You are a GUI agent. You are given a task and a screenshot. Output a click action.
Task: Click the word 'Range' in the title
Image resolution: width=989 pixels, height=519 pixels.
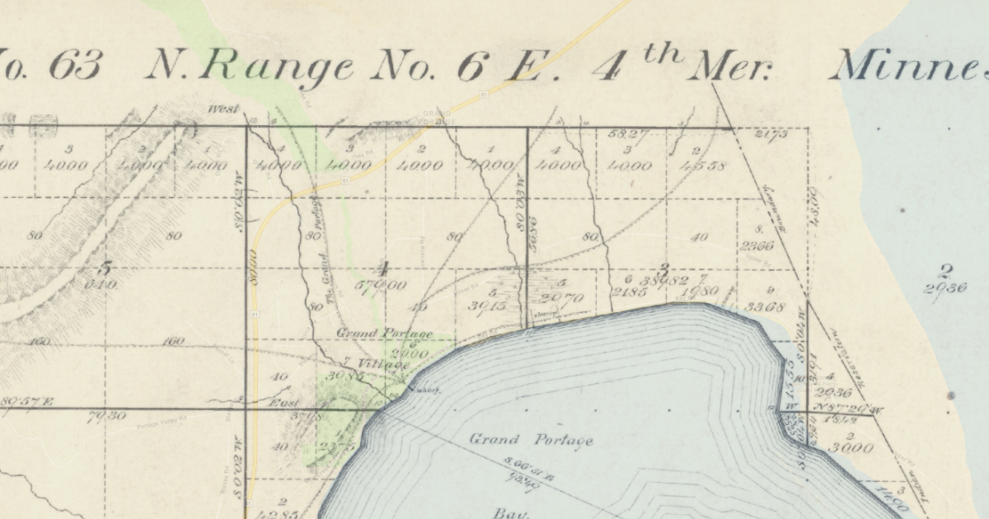tap(252, 65)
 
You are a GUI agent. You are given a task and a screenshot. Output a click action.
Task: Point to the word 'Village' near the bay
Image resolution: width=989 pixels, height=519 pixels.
tap(383, 364)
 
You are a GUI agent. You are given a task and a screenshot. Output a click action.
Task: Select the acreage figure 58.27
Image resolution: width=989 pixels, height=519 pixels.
tap(629, 133)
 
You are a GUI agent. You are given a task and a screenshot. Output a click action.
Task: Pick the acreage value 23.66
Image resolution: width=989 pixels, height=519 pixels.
tap(757, 245)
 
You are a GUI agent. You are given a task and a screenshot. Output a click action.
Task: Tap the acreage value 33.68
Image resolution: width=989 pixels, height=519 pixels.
tap(764, 307)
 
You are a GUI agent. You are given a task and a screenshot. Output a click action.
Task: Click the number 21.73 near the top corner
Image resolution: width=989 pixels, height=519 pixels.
tap(771, 134)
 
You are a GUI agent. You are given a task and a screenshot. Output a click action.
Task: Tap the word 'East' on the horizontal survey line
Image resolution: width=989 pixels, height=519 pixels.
tap(285, 404)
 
